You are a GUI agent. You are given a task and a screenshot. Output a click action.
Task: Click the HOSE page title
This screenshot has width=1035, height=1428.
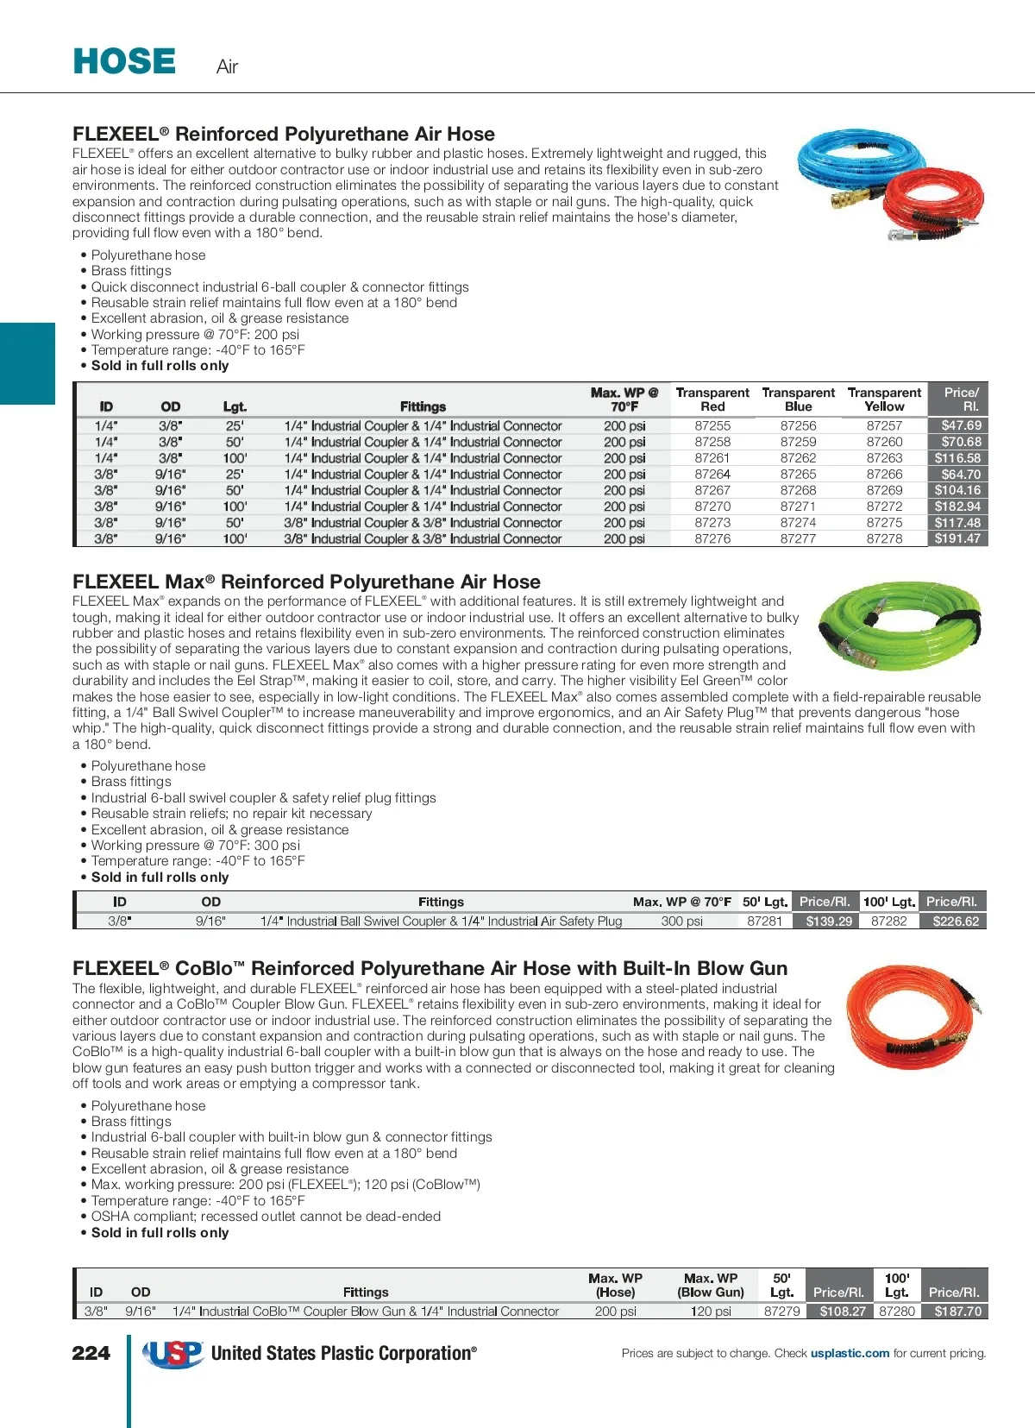pos(124,62)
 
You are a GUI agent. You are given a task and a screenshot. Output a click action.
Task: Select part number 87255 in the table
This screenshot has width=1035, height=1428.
pos(712,425)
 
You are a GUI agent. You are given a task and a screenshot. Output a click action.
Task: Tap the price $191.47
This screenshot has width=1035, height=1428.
pos(957,538)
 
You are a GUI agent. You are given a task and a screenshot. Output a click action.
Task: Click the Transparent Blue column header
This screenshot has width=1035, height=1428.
pos(798,399)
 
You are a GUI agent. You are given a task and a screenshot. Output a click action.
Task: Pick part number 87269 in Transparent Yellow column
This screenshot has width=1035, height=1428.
pos(884,490)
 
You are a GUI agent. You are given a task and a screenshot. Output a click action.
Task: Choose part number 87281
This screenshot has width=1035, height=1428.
pos(764,922)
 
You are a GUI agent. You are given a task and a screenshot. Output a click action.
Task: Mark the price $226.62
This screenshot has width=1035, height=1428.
pos(956,922)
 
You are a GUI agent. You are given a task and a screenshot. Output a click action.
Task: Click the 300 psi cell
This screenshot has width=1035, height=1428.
pos(681,922)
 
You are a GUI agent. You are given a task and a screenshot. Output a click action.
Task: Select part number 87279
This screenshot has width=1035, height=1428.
pos(781,1312)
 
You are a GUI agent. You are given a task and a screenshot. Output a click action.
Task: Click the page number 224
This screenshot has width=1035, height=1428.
pos(91,1353)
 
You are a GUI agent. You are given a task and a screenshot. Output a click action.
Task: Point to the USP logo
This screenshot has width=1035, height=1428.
pos(173,1354)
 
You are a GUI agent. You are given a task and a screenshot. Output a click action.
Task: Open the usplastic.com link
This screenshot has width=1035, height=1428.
pos(850,1353)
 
